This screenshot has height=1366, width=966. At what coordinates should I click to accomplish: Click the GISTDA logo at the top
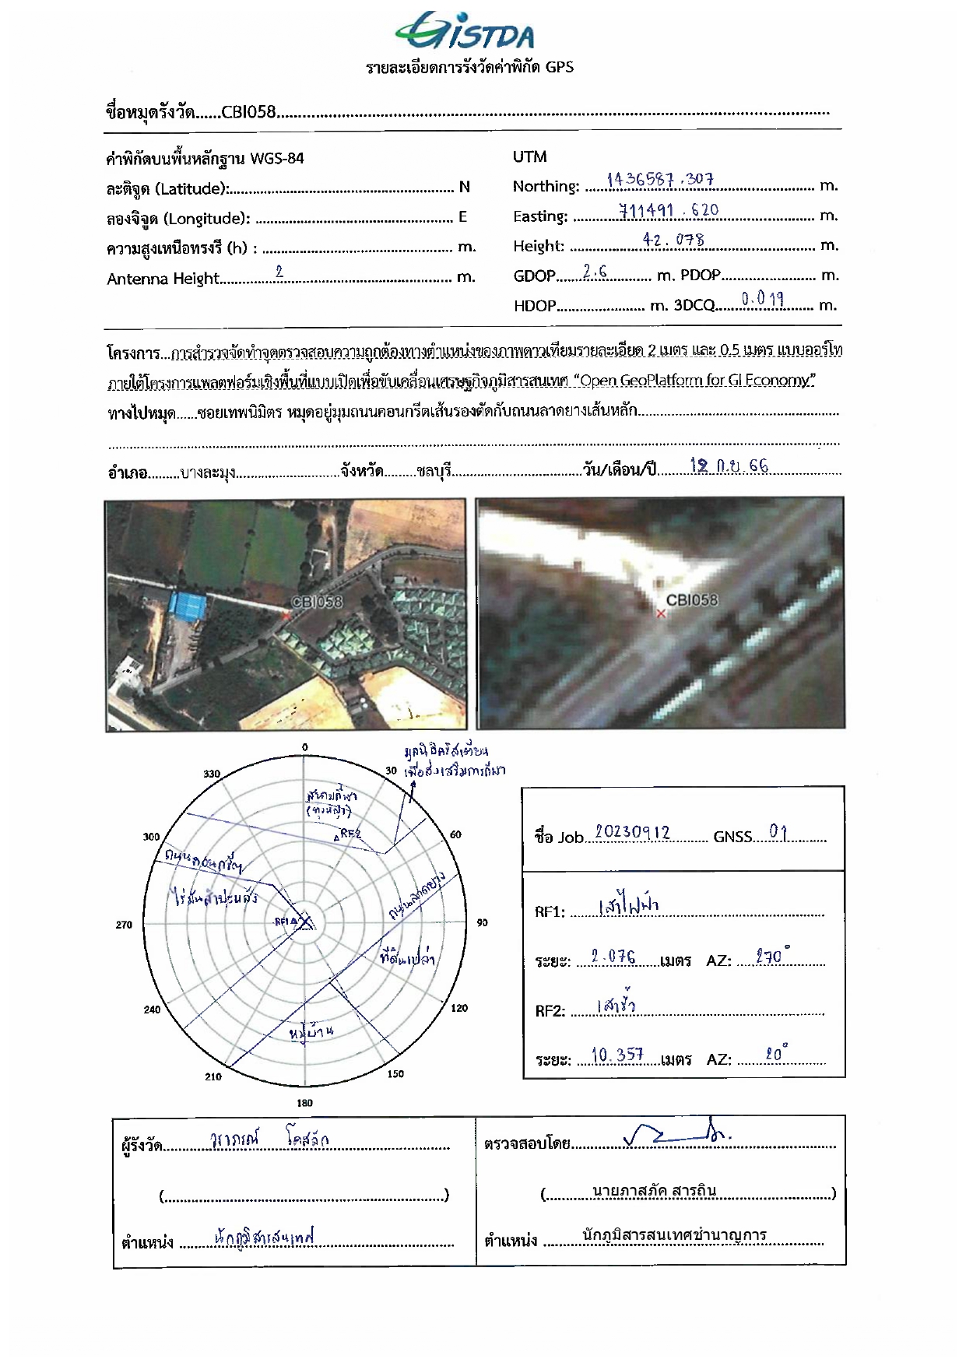[x=465, y=33]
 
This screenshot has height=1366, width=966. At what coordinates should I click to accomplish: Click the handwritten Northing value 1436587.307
[x=660, y=180]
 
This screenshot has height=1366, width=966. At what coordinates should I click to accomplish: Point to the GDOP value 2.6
[x=595, y=272]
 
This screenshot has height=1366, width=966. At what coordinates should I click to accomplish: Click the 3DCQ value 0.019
[x=762, y=299]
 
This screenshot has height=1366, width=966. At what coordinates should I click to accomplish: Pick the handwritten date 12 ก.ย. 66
[x=729, y=465]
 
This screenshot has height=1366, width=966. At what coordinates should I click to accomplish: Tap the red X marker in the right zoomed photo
[x=661, y=613]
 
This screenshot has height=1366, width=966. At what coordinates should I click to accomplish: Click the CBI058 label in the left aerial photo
[x=316, y=602]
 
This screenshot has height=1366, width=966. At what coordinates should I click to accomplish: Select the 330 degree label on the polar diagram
[x=212, y=774]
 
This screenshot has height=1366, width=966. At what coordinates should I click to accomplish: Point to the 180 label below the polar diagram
[x=304, y=1103]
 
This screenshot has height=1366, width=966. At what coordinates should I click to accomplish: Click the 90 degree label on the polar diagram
[x=482, y=922]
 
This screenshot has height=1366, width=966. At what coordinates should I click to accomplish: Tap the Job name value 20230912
[x=632, y=832]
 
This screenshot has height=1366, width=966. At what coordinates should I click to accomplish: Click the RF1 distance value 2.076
[x=613, y=957]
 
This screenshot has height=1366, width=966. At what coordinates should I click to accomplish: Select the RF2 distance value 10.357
[x=617, y=1055]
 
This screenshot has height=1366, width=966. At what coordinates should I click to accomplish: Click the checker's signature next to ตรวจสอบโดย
[x=676, y=1137]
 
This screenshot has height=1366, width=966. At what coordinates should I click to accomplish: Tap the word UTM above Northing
[x=529, y=156]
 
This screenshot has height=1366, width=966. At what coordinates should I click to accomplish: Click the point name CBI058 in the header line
[x=248, y=112]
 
